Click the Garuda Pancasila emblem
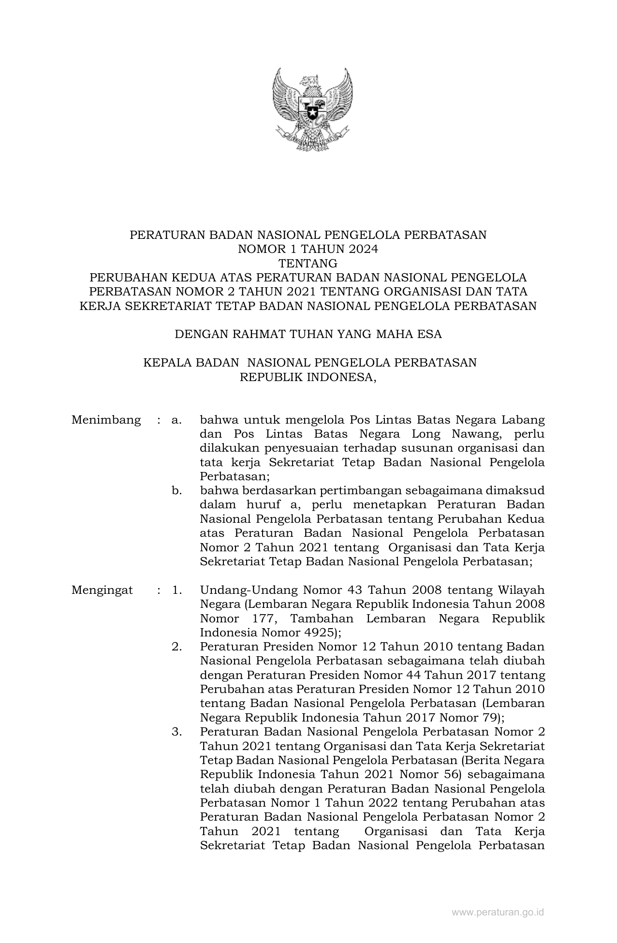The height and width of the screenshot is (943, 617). [312, 108]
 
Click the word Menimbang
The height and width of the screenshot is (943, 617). [106, 420]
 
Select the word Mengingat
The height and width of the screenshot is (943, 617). [102, 590]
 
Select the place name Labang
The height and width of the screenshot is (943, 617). [524, 420]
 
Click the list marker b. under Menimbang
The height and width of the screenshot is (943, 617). [176, 491]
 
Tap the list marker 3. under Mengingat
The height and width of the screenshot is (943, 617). [176, 732]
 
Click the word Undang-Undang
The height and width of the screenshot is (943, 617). [247, 590]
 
